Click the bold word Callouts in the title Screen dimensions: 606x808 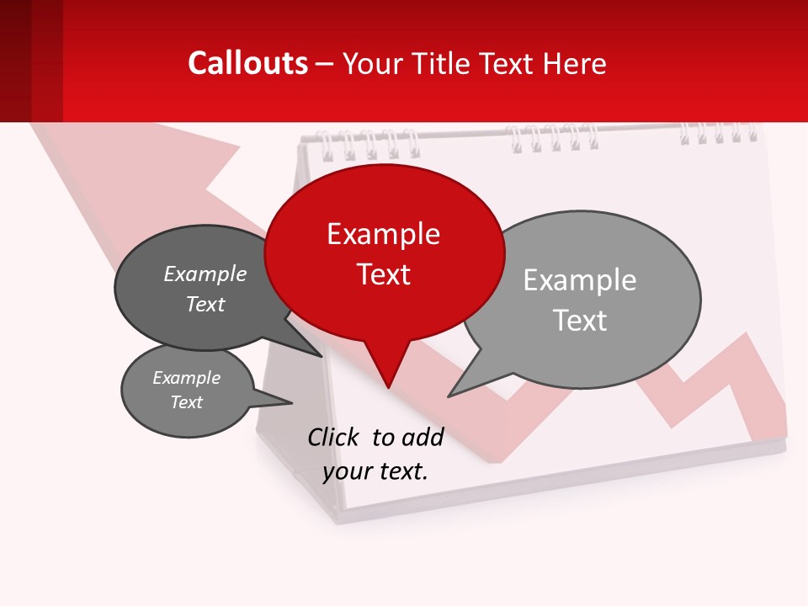tap(247, 63)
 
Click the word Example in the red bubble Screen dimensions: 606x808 tap(383, 234)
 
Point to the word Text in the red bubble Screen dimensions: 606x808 tap(384, 274)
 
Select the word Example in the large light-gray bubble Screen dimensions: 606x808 tap(580, 280)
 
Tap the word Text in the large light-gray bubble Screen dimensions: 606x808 tap(580, 321)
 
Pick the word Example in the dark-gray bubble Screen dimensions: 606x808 tap(205, 274)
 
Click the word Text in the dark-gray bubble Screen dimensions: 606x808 tap(205, 305)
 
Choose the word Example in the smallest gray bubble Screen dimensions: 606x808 tap(187, 378)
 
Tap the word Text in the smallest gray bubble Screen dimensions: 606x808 tap(187, 402)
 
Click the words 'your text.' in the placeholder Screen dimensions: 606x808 tap(375, 471)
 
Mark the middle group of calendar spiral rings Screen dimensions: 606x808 tap(552, 137)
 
